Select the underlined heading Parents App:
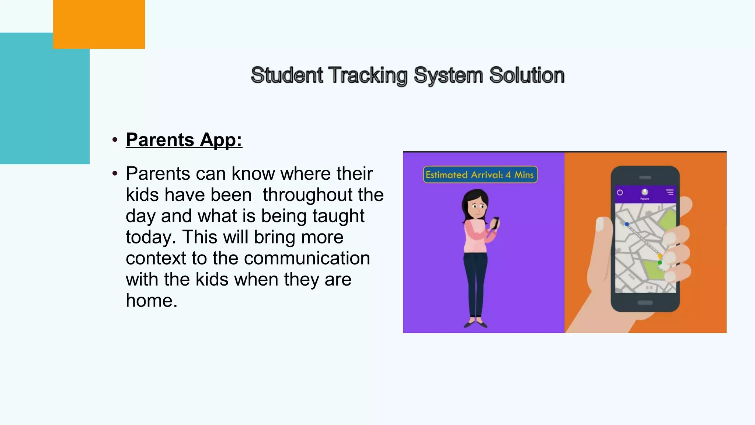coord(184,140)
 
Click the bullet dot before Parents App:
coord(115,140)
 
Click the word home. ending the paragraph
coord(152,301)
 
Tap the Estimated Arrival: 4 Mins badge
coord(480,175)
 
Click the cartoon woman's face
coord(477,207)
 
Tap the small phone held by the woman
coord(495,222)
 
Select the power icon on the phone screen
coord(620,192)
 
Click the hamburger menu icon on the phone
coord(670,192)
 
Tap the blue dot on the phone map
coord(627,224)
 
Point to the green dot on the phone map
coord(660,262)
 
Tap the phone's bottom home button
coord(645,303)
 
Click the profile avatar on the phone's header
coord(645,192)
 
